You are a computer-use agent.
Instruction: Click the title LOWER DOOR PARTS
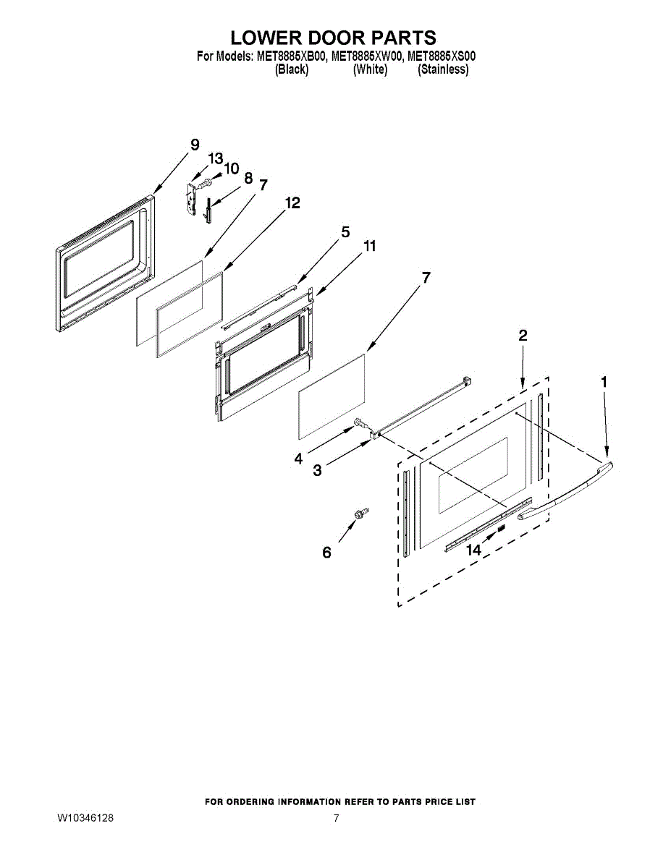334,38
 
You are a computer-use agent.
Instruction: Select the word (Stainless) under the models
443,70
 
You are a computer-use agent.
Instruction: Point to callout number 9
194,145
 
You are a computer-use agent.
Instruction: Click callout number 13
216,158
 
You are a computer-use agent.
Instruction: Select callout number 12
292,203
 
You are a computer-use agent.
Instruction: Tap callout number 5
345,232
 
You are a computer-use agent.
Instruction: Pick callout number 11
369,247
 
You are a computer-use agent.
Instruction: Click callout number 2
523,335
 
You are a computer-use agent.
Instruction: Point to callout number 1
604,381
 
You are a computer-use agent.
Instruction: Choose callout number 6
326,553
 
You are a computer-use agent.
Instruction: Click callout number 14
473,550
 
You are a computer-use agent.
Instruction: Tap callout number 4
297,459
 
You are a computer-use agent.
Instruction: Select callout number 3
317,471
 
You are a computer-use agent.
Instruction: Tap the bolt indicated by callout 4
359,424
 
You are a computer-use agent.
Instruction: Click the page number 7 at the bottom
336,818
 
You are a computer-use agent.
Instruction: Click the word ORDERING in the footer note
263,801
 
